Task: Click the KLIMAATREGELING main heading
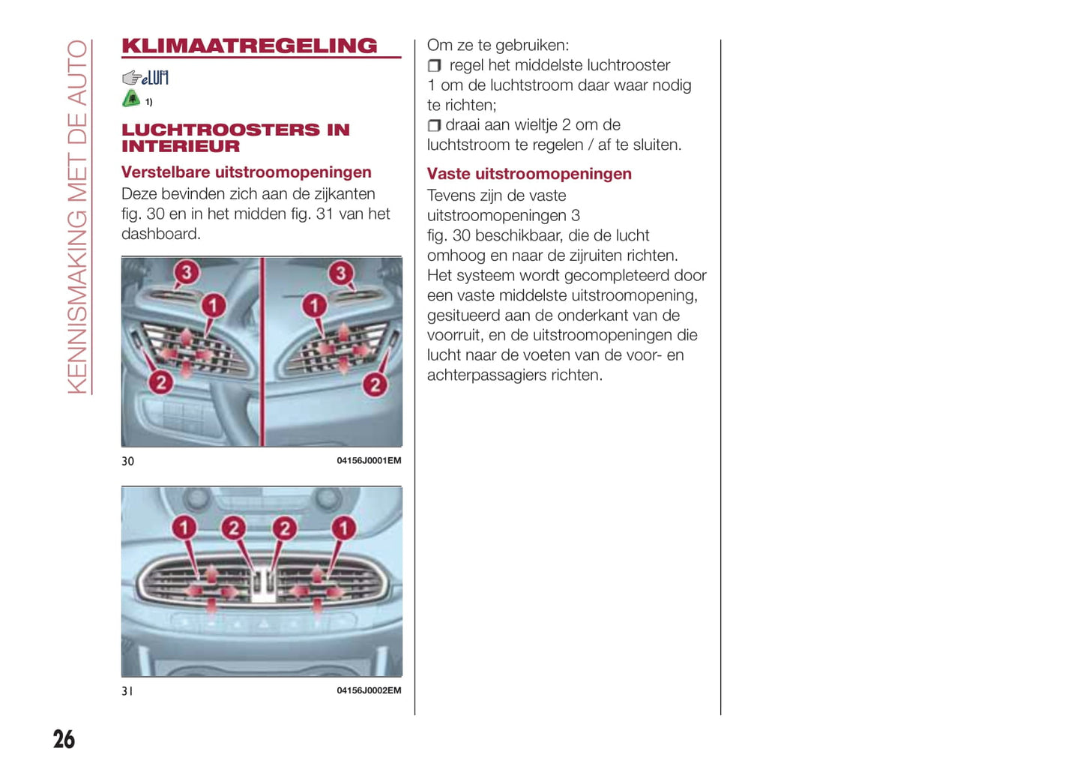(x=250, y=46)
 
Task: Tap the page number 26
(x=64, y=739)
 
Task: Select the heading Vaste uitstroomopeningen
(x=529, y=174)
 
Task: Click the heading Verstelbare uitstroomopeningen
(x=247, y=172)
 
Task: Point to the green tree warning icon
(x=131, y=99)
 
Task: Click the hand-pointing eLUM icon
(x=145, y=77)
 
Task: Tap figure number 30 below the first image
(x=128, y=461)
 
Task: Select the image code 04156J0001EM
(x=369, y=460)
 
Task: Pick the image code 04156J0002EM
(x=369, y=690)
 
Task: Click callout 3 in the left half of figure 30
(x=187, y=272)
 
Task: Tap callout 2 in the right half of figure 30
(x=375, y=385)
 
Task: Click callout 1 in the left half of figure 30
(x=214, y=306)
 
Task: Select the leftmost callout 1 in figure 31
(x=184, y=528)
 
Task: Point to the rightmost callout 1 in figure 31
(x=344, y=528)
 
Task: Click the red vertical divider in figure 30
(x=262, y=352)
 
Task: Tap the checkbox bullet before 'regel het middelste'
(x=434, y=66)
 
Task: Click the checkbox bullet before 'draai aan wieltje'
(x=434, y=125)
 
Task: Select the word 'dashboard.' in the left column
(x=161, y=234)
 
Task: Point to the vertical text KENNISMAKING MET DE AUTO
(x=77, y=217)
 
